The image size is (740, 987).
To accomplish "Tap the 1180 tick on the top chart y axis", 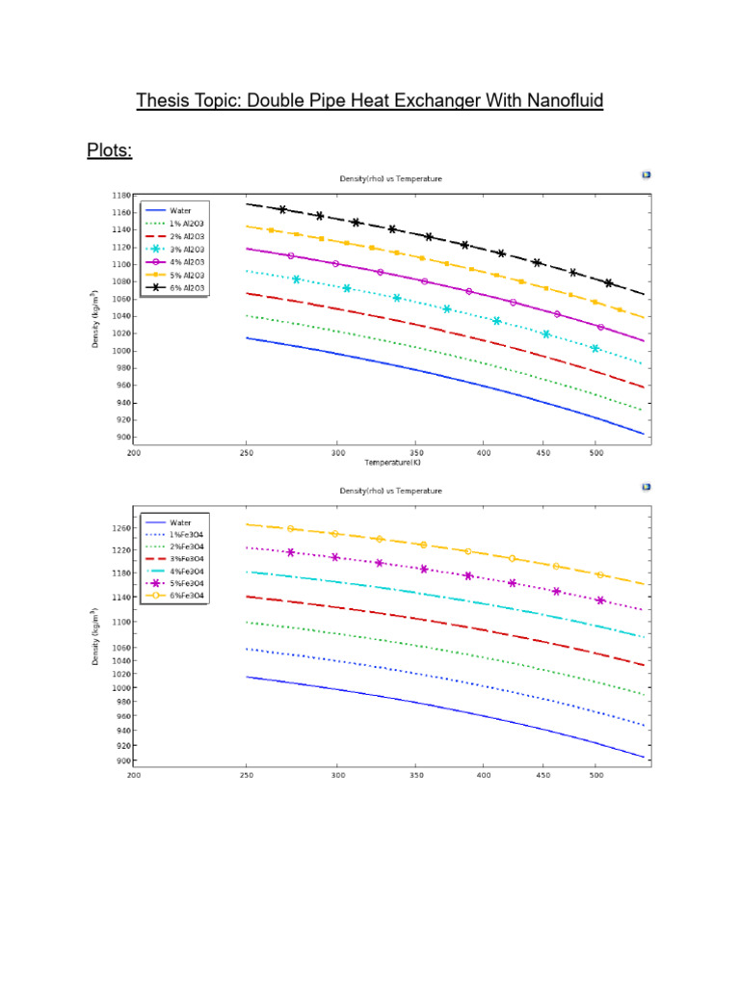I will pyautogui.click(x=119, y=195).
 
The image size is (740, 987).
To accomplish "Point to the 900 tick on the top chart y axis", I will pyautogui.click(x=121, y=438).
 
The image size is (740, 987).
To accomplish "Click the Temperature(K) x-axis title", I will pyautogui.click(x=392, y=463).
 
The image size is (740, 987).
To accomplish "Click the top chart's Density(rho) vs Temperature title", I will pyautogui.click(x=390, y=178).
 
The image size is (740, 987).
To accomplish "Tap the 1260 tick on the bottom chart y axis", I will pyautogui.click(x=119, y=528).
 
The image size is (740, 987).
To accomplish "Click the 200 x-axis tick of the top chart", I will pyautogui.click(x=134, y=452).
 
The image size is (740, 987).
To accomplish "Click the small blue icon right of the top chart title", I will pyautogui.click(x=646, y=174).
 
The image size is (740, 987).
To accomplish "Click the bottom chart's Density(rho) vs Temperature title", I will pyautogui.click(x=390, y=491).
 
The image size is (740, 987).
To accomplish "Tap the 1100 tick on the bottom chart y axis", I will pyautogui.click(x=119, y=622).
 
